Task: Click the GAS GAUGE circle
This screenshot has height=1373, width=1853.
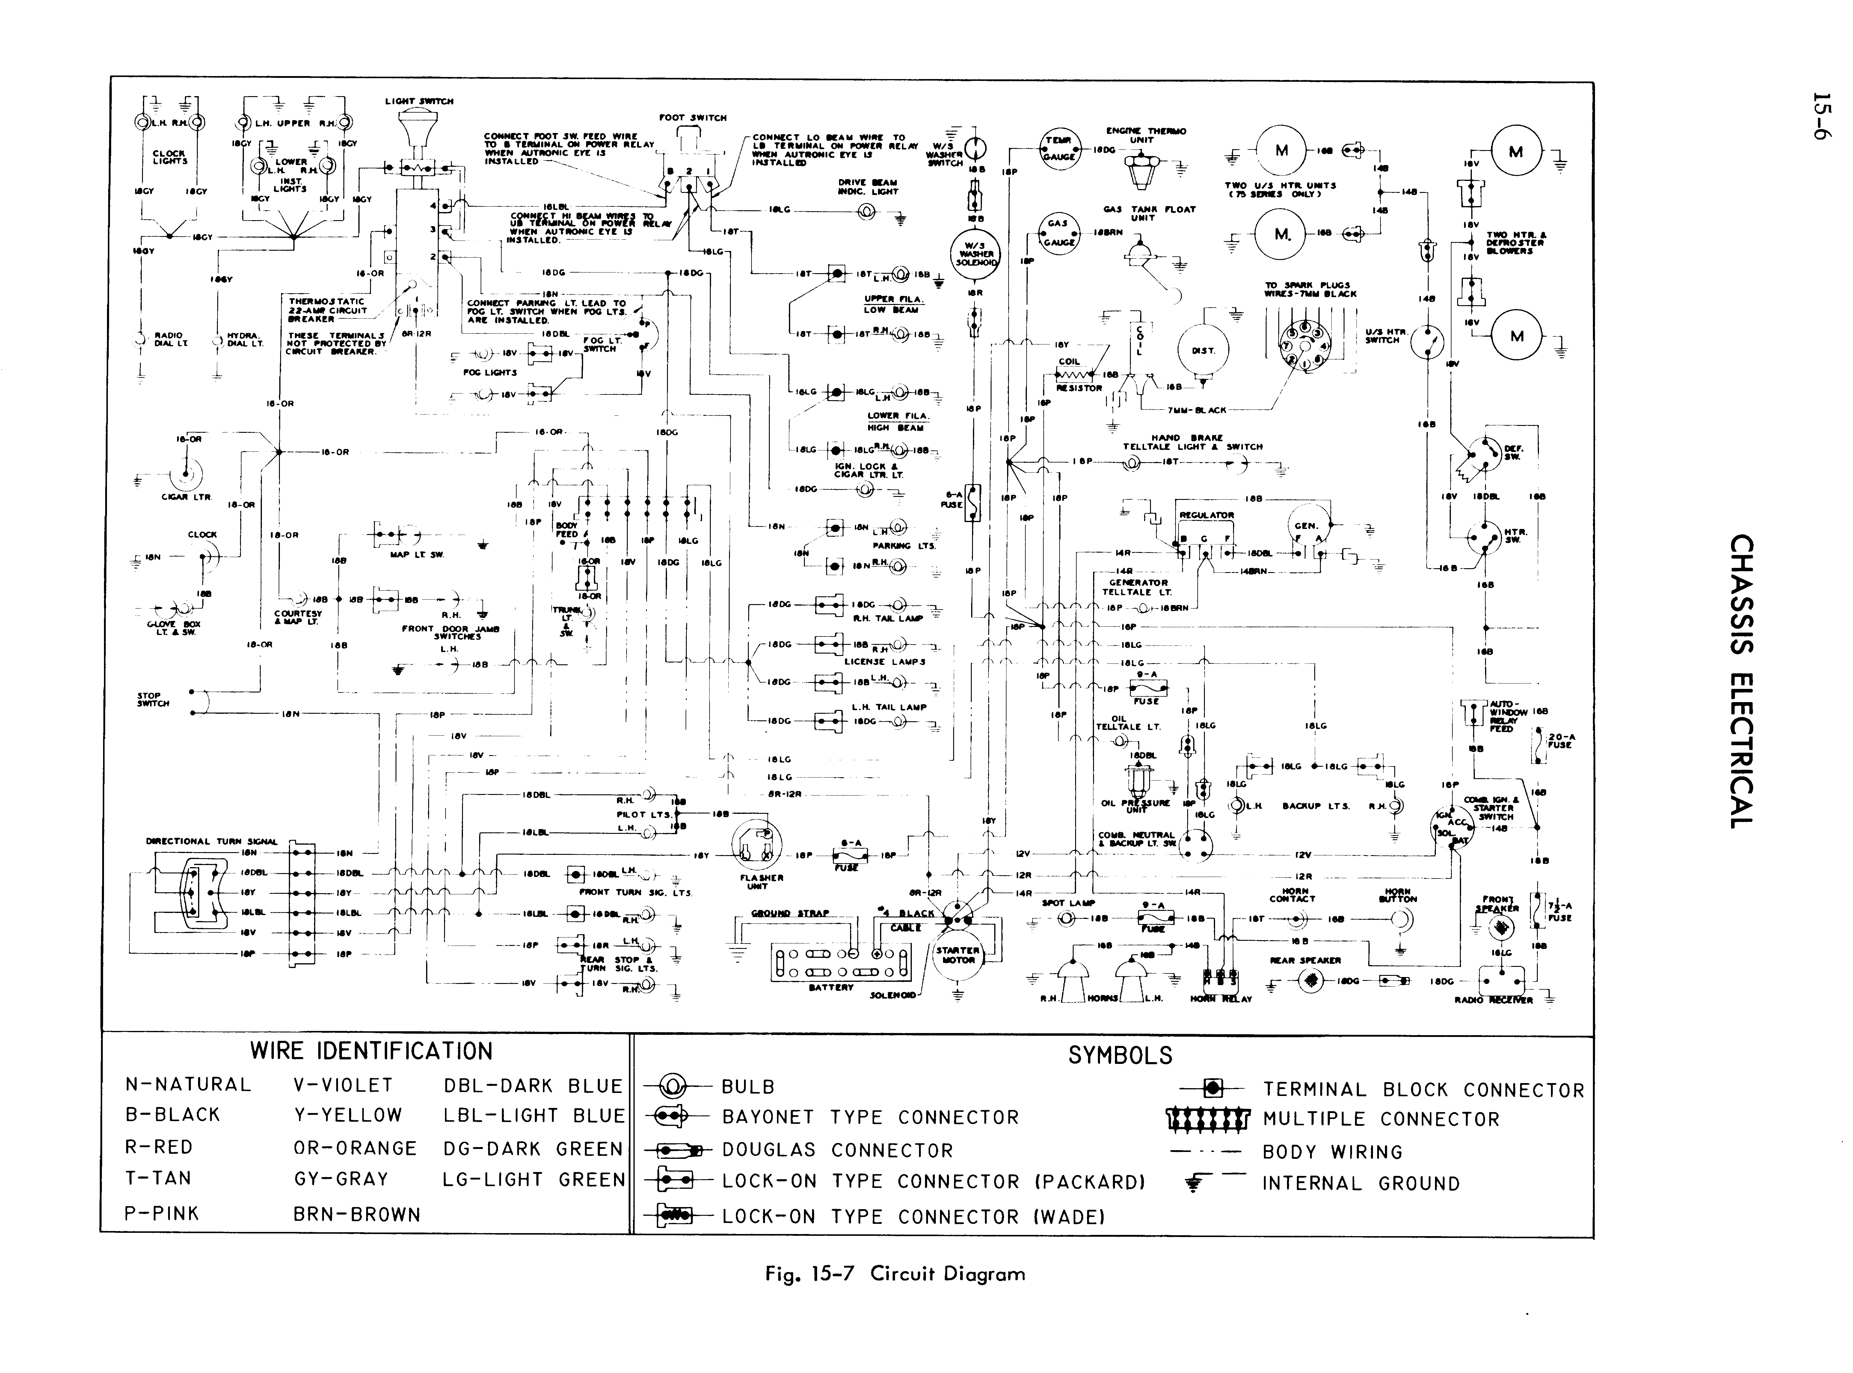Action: click(1058, 233)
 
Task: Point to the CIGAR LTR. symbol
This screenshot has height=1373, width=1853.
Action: click(186, 476)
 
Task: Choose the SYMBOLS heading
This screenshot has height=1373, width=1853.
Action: click(1120, 1056)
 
